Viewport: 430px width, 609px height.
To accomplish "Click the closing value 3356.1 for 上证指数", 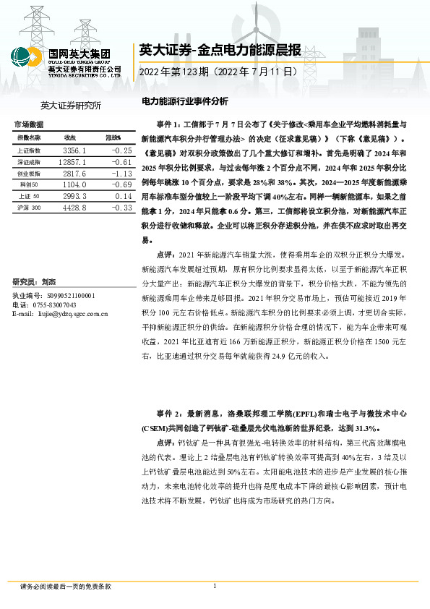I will click(x=74, y=150).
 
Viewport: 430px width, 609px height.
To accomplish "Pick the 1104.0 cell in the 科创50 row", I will click(x=74, y=184).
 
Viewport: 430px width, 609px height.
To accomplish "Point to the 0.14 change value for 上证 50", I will click(x=123, y=196).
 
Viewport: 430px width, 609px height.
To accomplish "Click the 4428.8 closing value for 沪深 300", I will click(x=74, y=208).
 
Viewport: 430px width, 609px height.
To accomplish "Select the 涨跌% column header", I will click(x=113, y=137).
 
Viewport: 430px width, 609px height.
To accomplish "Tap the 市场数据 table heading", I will click(x=28, y=124).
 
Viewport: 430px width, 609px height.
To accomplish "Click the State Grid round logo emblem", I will click(x=26, y=58).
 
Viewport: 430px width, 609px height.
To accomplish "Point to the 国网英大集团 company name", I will click(x=79, y=53).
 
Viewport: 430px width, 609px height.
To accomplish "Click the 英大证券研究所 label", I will click(x=71, y=106).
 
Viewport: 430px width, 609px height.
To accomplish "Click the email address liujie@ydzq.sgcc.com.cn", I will click(x=72, y=314).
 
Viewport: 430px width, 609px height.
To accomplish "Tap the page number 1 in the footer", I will click(x=215, y=585).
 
